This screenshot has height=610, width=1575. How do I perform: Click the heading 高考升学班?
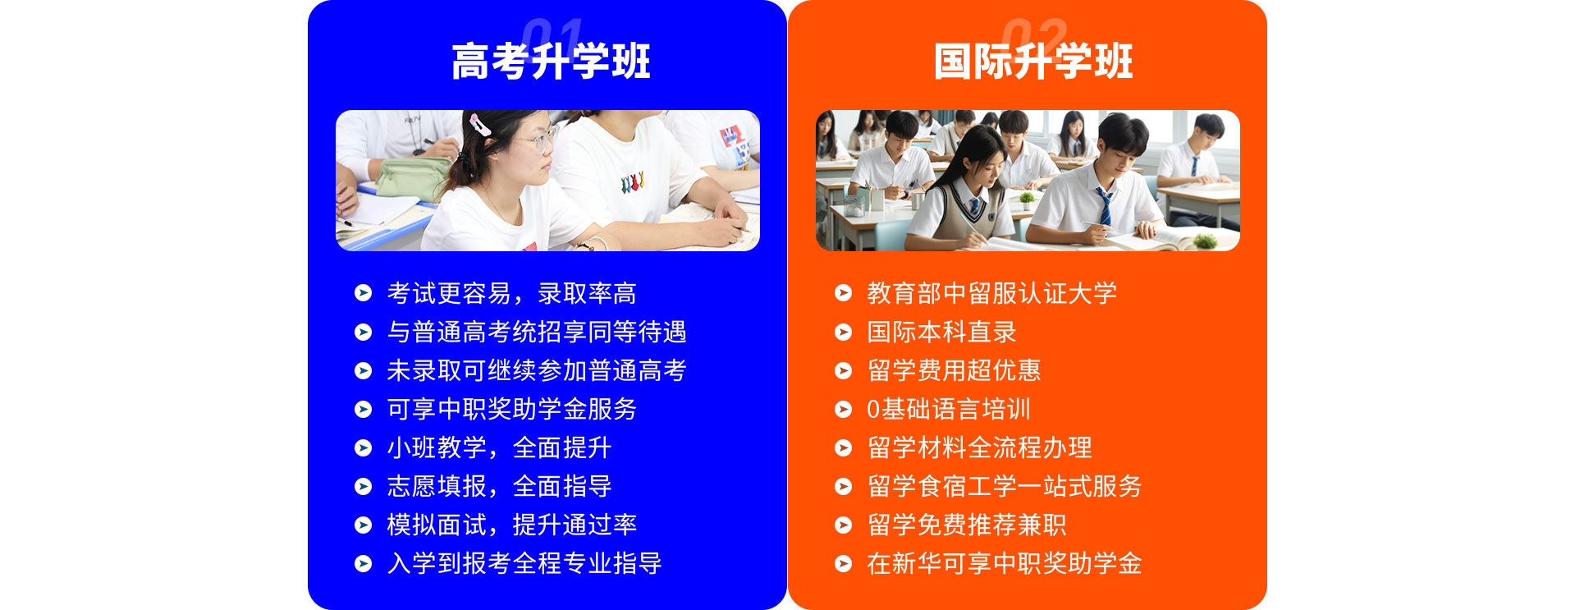[x=551, y=62]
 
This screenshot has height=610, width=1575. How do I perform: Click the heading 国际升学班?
[x=1033, y=62]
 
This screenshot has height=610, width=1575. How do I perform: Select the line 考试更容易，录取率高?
[x=511, y=293]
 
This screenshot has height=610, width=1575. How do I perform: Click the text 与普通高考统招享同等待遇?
[x=537, y=332]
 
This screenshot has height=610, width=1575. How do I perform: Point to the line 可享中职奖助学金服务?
[x=511, y=409]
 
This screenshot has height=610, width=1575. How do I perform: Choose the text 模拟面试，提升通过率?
[x=511, y=525]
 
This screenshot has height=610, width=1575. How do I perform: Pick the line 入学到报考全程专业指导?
[x=524, y=563]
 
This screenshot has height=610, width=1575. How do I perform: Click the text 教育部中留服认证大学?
[x=991, y=293]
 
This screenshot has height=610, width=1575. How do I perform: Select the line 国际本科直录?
[x=941, y=332]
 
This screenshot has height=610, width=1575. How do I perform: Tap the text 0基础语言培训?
[x=949, y=409]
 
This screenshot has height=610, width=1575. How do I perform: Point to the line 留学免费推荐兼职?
[x=967, y=525]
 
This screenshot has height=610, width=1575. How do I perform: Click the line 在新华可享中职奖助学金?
[x=1005, y=563]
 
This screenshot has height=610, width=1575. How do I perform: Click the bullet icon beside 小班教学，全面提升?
[x=363, y=447]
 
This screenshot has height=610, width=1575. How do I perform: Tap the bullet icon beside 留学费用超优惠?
[x=843, y=370]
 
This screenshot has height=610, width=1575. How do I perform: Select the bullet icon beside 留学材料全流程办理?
[x=843, y=447]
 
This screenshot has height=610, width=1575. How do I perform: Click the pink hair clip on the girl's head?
[x=479, y=125]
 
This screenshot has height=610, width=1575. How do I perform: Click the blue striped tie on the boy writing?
[x=1105, y=205]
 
